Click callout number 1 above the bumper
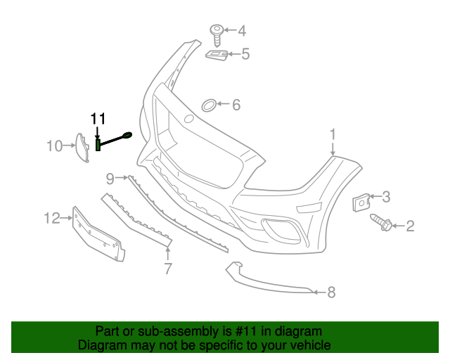[x=333, y=134]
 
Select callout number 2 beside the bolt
[x=409, y=226]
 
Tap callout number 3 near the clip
[x=385, y=197]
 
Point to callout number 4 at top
[x=242, y=30]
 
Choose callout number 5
[x=245, y=53]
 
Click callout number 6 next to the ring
[x=236, y=105]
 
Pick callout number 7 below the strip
[x=168, y=268]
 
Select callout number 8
[x=331, y=291]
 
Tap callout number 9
[x=110, y=177]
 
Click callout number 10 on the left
[x=54, y=146]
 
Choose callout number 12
[x=52, y=219]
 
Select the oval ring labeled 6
[x=209, y=105]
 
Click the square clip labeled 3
[x=361, y=201]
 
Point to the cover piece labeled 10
[x=82, y=146]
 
